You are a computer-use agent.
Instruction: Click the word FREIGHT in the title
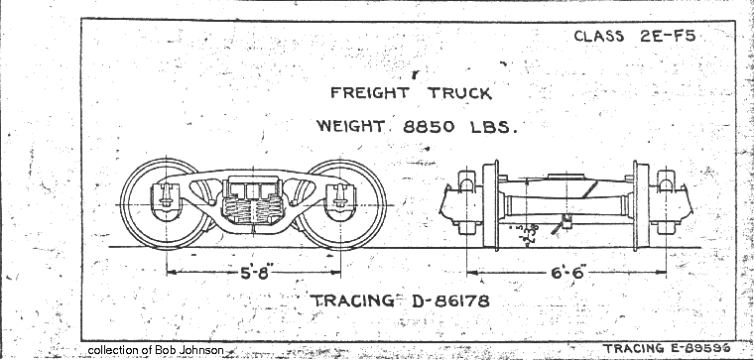[x=368, y=96]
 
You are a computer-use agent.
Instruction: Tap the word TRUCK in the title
[x=459, y=96]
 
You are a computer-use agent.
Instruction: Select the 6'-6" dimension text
[x=567, y=271]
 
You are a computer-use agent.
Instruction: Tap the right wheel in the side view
[x=343, y=203]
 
